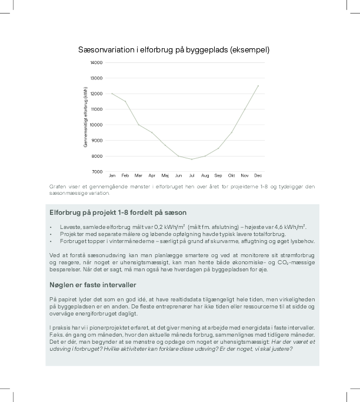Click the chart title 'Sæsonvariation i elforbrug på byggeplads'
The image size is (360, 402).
point(174,50)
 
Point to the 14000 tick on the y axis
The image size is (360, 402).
point(96,62)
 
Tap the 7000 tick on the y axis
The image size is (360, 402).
point(98,171)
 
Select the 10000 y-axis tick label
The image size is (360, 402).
point(96,125)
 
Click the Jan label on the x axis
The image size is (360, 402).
point(112,175)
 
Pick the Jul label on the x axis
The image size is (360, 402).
point(191,175)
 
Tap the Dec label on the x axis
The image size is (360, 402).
point(258,175)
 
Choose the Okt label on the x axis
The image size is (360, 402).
point(231,175)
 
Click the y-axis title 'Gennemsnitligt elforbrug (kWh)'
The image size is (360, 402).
point(86,117)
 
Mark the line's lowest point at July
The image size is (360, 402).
point(191,159)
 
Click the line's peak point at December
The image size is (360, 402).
point(258,85)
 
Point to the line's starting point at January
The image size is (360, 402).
point(112,94)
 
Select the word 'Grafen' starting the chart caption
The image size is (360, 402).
point(58,187)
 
